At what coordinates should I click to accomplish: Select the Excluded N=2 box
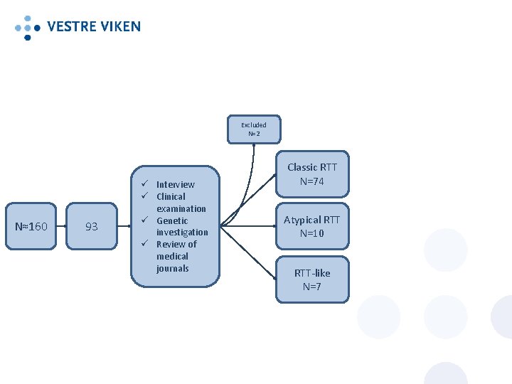coord(254,129)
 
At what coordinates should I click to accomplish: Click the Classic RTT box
coord(312,174)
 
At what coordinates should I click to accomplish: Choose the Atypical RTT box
coord(312,226)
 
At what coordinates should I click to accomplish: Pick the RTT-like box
coord(312,279)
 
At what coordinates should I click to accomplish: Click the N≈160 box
coord(31,226)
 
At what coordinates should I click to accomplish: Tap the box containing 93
coord(92,226)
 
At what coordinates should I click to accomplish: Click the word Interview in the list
coord(175,184)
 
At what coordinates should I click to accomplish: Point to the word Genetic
coord(172,220)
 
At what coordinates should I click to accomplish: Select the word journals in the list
coord(173,268)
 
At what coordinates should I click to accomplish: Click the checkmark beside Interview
coord(143,184)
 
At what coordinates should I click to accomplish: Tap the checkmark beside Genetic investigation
coord(143,220)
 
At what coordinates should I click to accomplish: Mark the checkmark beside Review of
coord(143,244)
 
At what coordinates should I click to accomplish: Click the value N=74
coord(312,181)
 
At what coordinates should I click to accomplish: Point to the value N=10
coord(312,233)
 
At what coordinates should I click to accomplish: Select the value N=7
coord(312,287)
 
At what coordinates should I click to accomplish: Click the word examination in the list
coord(181,208)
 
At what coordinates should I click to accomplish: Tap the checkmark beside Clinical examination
coord(143,196)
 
